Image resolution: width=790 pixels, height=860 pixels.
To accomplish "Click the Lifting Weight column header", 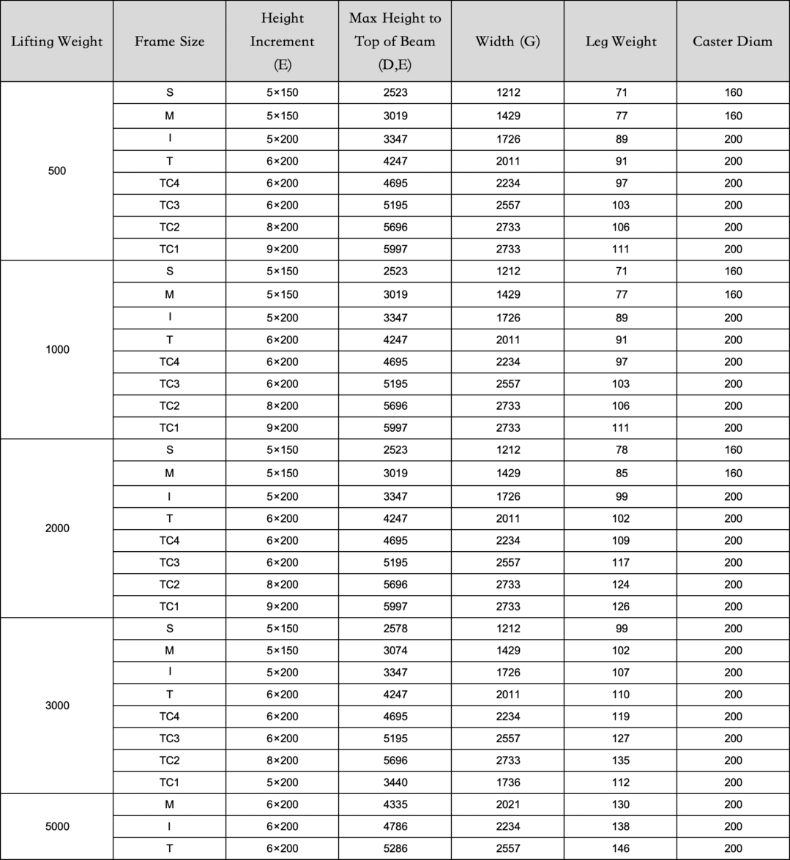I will click(x=57, y=41).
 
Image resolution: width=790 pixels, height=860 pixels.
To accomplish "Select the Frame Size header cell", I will click(x=169, y=41).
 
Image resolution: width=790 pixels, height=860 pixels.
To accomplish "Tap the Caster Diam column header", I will click(x=732, y=41).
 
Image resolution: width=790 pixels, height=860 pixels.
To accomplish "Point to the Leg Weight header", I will click(x=620, y=41).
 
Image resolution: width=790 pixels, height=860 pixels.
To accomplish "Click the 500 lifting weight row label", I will click(x=57, y=171).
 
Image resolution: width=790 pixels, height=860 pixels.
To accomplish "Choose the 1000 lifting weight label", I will click(x=57, y=349).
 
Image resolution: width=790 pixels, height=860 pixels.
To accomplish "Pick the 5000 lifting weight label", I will click(x=57, y=826).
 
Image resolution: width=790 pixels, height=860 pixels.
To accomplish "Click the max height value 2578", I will click(x=395, y=628).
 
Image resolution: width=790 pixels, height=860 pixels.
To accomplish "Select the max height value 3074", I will click(x=395, y=650).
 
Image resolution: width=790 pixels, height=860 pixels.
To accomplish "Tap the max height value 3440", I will click(x=395, y=782).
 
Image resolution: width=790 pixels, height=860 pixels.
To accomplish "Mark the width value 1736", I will click(x=507, y=782).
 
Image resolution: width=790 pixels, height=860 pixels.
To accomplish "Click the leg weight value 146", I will click(x=620, y=848).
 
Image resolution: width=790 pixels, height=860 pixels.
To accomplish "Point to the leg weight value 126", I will click(x=620, y=606).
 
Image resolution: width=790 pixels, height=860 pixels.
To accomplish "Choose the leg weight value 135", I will click(x=620, y=760).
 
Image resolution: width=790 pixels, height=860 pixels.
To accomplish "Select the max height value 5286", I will click(x=395, y=848).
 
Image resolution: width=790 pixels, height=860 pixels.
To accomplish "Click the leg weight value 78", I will click(x=621, y=449).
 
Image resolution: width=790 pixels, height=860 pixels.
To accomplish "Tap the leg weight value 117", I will click(x=620, y=562).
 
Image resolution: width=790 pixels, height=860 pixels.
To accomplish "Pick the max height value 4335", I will click(x=395, y=804).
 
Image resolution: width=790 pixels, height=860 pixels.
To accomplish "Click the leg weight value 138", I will click(x=620, y=826).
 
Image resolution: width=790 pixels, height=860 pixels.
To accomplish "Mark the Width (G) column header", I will click(x=507, y=41).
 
